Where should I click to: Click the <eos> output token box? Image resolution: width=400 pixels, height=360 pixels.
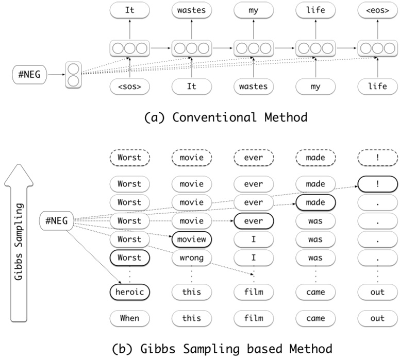[377, 10]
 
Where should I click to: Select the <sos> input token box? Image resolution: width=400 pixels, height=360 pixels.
[129, 86]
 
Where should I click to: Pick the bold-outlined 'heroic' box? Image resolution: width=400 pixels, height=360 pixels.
[129, 292]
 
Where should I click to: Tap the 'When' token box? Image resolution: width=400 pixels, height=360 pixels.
[129, 318]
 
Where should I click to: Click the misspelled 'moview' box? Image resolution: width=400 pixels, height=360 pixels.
[191, 239]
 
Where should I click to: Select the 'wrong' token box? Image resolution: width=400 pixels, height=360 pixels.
[191, 258]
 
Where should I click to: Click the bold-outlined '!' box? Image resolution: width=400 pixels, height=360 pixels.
[377, 183]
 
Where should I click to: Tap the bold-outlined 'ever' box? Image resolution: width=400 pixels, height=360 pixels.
[253, 220]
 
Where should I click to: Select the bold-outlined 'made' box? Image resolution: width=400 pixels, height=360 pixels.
[315, 202]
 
